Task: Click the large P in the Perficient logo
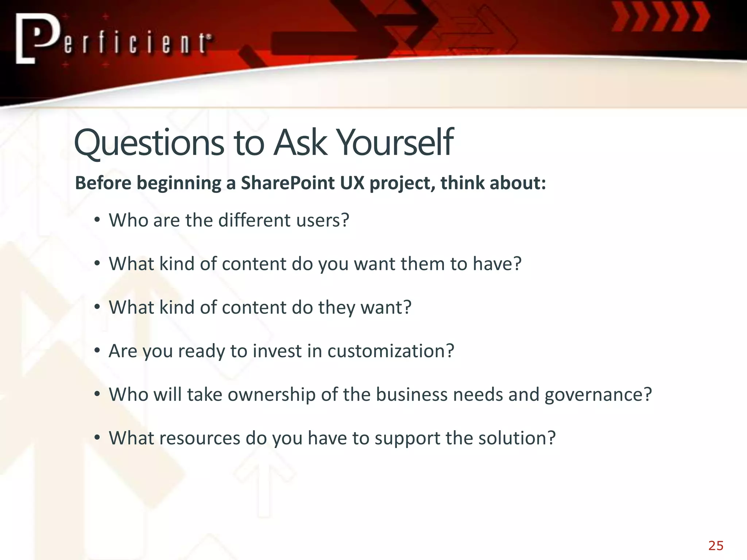click(x=36, y=38)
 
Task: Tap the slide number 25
click(x=716, y=546)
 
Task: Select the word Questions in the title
click(x=149, y=143)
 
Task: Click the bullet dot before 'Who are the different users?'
click(x=97, y=220)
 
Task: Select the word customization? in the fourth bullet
click(x=391, y=351)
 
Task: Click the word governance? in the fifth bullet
click(x=598, y=394)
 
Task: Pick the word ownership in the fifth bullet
click(x=271, y=394)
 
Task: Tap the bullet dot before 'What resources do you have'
click(x=97, y=437)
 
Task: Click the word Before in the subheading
click(x=103, y=183)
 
